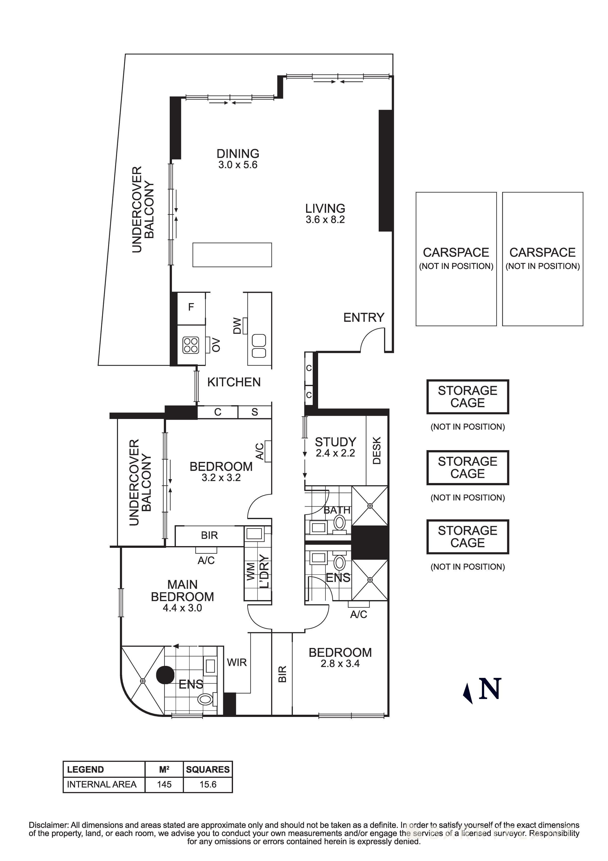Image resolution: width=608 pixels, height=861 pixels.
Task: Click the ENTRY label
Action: coord(363,318)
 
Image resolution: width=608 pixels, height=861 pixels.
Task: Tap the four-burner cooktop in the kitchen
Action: coord(191,345)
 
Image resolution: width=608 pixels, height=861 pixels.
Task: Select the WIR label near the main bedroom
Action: coord(237,663)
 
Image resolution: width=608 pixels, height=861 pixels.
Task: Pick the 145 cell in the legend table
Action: coord(164,784)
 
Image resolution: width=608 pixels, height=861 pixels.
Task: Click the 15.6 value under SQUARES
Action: coord(208,784)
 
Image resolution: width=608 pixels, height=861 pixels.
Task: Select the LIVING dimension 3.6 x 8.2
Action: coord(325,220)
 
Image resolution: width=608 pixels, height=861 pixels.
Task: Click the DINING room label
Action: coord(238,153)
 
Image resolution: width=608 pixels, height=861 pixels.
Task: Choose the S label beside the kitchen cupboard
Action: coord(255,412)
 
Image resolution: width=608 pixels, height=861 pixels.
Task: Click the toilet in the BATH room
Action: coord(339,522)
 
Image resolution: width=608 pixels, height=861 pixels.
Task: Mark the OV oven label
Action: coord(216,345)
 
